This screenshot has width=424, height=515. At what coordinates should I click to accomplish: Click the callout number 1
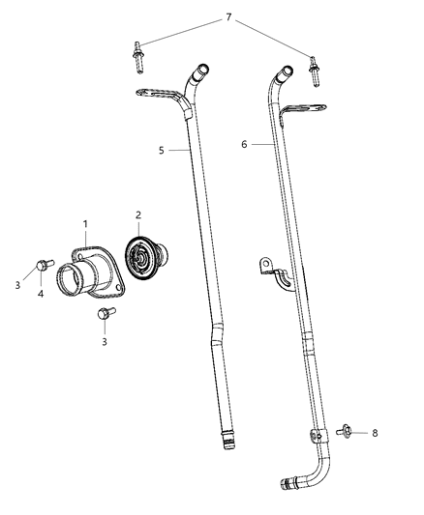[x=85, y=223]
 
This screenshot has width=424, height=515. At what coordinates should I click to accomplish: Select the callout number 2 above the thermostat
[x=137, y=215]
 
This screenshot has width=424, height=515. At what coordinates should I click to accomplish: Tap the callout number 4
[x=40, y=294]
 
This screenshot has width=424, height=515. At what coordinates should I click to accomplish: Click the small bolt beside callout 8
[x=345, y=430]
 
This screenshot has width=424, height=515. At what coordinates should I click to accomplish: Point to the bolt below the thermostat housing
[x=105, y=314]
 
